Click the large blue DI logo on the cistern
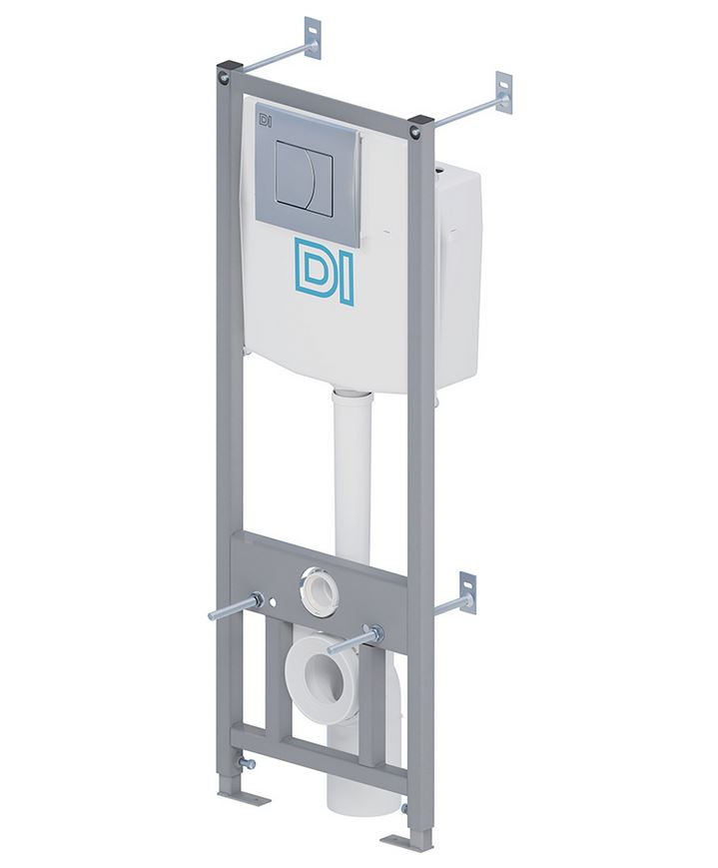(324, 272)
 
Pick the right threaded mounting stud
(355, 639)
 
